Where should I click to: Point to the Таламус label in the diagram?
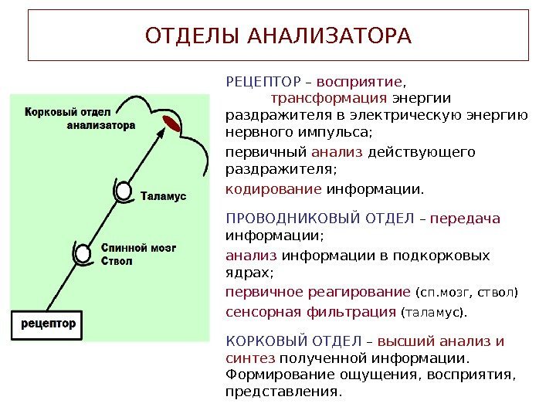point(164,197)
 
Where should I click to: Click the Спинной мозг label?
point(139,249)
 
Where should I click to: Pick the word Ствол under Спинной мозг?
point(117,261)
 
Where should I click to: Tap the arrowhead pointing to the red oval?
point(161,133)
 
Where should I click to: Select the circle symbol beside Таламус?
point(124,191)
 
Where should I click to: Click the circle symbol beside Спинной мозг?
point(83,253)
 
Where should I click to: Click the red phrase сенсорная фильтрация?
point(310,312)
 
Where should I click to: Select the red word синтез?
point(249,358)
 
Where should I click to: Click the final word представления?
point(282,391)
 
